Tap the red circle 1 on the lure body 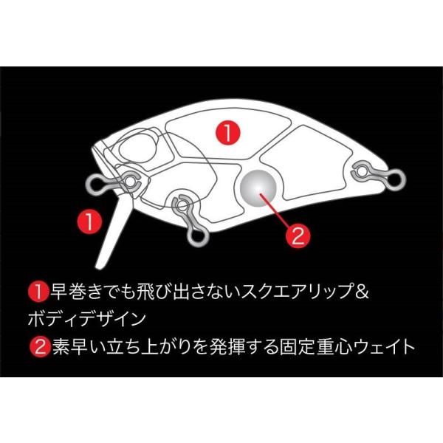click(228, 132)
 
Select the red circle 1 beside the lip click(89, 221)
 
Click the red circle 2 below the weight click(298, 236)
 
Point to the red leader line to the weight click(274, 210)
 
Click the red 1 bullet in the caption click(38, 292)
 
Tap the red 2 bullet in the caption click(40, 347)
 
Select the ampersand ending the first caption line click(362, 292)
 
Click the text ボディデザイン click(86, 319)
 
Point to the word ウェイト click(383, 347)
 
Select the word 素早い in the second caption click(78, 347)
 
